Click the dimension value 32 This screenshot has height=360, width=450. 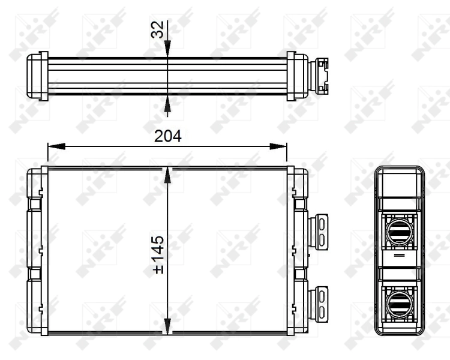pos(157,30)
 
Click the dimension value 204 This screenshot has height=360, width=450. pos(167,136)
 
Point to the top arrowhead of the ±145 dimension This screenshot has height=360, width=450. pos(167,175)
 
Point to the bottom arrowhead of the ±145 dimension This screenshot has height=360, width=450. pos(167,326)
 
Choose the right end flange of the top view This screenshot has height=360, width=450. pos(292,76)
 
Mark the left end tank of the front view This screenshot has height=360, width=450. pos(38,251)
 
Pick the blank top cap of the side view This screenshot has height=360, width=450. pos(399,180)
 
